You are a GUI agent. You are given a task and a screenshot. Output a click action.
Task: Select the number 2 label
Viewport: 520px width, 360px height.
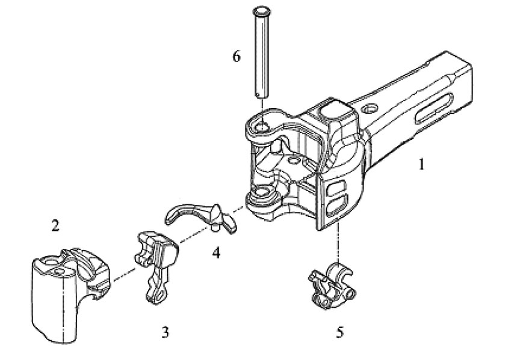click(55, 226)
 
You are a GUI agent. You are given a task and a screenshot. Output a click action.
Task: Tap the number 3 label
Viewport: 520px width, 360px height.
click(165, 331)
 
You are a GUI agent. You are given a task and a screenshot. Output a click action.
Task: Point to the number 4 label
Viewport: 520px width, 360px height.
click(215, 252)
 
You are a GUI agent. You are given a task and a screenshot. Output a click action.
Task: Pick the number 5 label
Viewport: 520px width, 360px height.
click(341, 331)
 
